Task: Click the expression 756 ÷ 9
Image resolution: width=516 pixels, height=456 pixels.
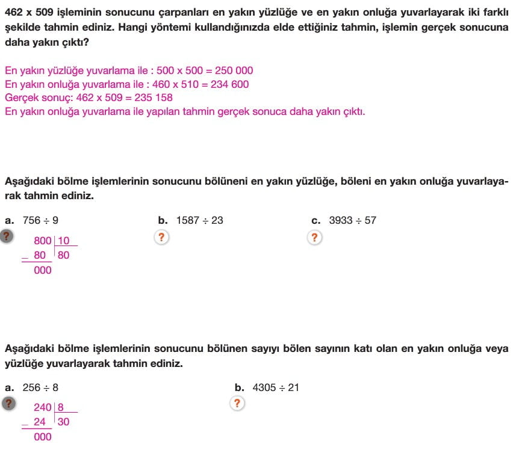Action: click(x=40, y=220)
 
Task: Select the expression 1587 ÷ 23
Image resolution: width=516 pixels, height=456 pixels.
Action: click(x=199, y=220)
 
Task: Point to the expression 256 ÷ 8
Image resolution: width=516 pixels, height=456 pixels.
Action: click(x=40, y=388)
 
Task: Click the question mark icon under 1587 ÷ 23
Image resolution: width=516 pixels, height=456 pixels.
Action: click(x=161, y=237)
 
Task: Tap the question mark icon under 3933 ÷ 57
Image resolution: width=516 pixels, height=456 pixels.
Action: click(x=314, y=237)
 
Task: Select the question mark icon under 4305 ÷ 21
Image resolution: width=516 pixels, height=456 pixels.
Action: click(x=238, y=404)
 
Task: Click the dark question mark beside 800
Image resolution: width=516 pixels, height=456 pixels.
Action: click(x=7, y=236)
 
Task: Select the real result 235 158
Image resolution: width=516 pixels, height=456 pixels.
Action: click(x=149, y=98)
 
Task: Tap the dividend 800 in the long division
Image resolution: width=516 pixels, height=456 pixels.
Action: click(x=43, y=241)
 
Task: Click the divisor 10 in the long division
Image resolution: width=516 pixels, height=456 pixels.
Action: click(x=64, y=241)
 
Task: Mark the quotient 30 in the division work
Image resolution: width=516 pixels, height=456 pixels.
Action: click(x=63, y=422)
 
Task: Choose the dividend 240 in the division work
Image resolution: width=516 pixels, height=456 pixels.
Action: click(x=43, y=408)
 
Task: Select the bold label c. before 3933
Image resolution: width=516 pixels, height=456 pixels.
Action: click(x=316, y=220)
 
